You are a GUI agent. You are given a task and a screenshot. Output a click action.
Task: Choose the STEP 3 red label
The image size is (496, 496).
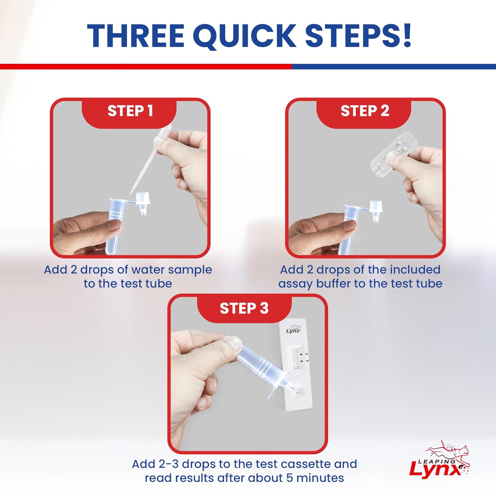pyautogui.click(x=244, y=308)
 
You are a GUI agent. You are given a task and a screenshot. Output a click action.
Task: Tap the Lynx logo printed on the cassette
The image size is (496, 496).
pyautogui.click(x=293, y=329)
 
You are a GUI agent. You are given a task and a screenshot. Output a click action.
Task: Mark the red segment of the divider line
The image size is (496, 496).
pyautogui.click(x=145, y=66)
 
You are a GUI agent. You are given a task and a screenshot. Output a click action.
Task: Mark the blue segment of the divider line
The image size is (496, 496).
pyautogui.click(x=393, y=66)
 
